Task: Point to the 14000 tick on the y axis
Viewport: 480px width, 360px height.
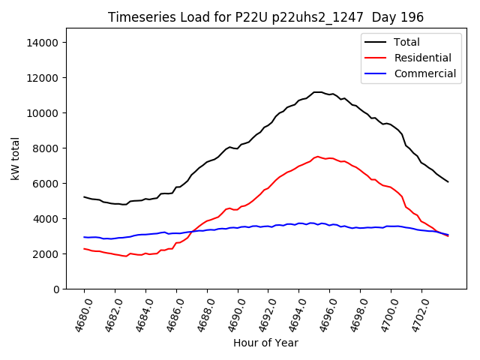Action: click(x=43, y=43)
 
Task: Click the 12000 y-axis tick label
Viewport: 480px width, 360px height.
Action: click(x=43, y=78)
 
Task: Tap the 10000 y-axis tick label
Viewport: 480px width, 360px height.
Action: click(x=43, y=113)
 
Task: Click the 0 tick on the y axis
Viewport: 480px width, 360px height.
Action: click(x=56, y=289)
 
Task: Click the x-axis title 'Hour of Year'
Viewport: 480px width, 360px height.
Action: click(x=265, y=343)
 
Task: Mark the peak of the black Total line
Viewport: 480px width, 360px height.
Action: click(x=317, y=92)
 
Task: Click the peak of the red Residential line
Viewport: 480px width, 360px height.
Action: click(x=318, y=156)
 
